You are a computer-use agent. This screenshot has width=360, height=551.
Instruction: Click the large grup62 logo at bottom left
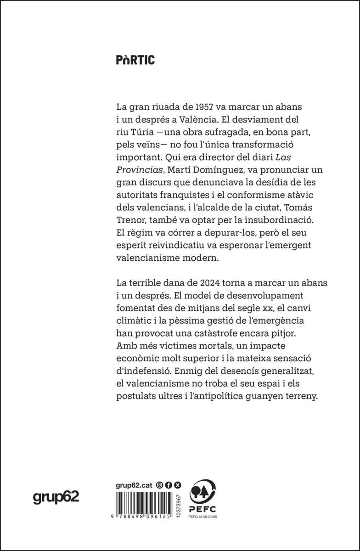tap(56, 497)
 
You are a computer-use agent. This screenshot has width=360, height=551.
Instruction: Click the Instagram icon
tap(160, 484)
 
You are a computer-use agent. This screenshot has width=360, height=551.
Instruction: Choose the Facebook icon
tap(169, 484)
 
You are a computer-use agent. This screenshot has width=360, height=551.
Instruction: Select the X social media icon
tap(178, 484)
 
